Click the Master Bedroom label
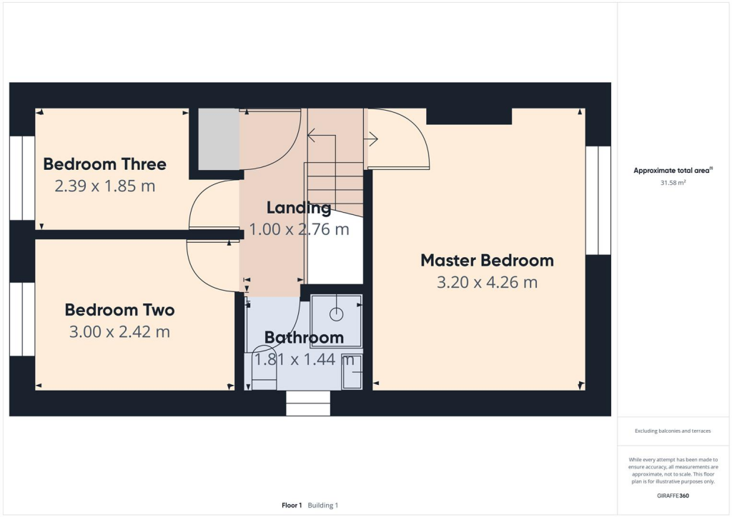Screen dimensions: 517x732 (487, 260)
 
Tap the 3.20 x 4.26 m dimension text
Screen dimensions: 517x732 (487, 283)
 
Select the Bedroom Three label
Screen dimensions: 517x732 (104, 164)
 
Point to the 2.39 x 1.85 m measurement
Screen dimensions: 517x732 (104, 186)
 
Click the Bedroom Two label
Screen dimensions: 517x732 (119, 310)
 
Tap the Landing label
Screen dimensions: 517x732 (298, 208)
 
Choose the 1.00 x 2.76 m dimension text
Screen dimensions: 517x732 (298, 230)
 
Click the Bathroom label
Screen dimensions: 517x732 (304, 337)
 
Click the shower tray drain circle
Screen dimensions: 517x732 (336, 313)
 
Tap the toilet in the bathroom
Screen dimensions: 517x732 (264, 371)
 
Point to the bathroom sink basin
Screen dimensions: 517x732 (352, 371)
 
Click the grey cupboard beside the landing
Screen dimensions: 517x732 (218, 139)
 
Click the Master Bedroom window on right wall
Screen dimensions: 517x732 (598, 201)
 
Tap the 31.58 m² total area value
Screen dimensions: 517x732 (673, 183)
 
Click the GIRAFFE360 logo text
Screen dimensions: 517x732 (673, 495)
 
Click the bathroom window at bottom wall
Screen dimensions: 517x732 (308, 403)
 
